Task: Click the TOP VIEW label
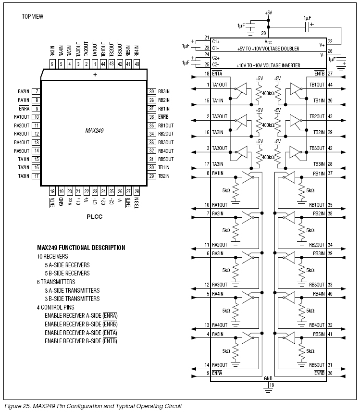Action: pyautogui.click(x=32, y=16)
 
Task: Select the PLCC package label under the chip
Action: pyautogui.click(x=94, y=216)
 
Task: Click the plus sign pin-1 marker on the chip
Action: pyautogui.click(x=95, y=75)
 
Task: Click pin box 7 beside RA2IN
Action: pyautogui.click(x=37, y=91)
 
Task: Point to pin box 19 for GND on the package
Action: pyautogui.click(x=61, y=192)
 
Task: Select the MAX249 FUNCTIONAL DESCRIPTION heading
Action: pyautogui.click(x=81, y=248)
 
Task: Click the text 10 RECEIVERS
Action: pyautogui.click(x=52, y=256)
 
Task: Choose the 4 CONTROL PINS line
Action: pyautogui.click(x=56, y=307)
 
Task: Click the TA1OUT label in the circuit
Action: pyautogui.click(x=220, y=85)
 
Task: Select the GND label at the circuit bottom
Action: pyautogui.click(x=268, y=378)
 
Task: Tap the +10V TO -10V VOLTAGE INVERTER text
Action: pyautogui.click(x=268, y=65)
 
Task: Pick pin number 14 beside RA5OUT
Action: pyautogui.click(x=207, y=364)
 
